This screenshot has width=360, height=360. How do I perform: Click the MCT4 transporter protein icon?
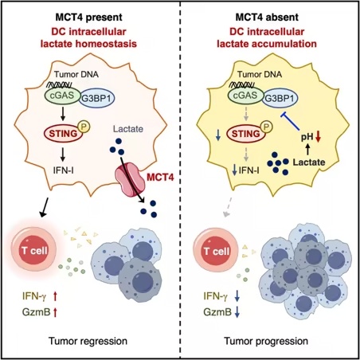[130, 180]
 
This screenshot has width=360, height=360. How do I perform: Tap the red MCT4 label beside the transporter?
[160, 177]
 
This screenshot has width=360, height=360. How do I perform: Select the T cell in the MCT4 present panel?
[33, 249]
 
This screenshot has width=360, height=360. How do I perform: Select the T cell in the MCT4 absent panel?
[216, 250]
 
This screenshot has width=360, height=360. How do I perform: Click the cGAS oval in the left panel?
[62, 96]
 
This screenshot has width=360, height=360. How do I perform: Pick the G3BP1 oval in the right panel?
[280, 99]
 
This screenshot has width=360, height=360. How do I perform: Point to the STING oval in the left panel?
[64, 133]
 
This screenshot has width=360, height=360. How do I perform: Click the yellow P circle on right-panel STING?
[267, 127]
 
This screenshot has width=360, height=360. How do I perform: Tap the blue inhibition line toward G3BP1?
[290, 121]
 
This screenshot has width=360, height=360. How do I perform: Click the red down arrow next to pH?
[318, 136]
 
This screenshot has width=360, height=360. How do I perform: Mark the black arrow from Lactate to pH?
[307, 149]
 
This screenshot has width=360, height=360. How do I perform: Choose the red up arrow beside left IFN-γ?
[55, 296]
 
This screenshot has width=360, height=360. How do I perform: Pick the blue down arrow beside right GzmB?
[237, 312]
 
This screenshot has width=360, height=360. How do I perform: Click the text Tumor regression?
[88, 341]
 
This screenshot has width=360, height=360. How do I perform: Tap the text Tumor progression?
[266, 341]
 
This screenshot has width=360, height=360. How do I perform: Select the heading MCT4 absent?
[267, 18]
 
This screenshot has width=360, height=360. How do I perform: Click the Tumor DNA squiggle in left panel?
[59, 84]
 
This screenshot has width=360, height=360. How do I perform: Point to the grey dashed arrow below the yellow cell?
[228, 207]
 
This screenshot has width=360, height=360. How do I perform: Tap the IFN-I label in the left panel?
[64, 170]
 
